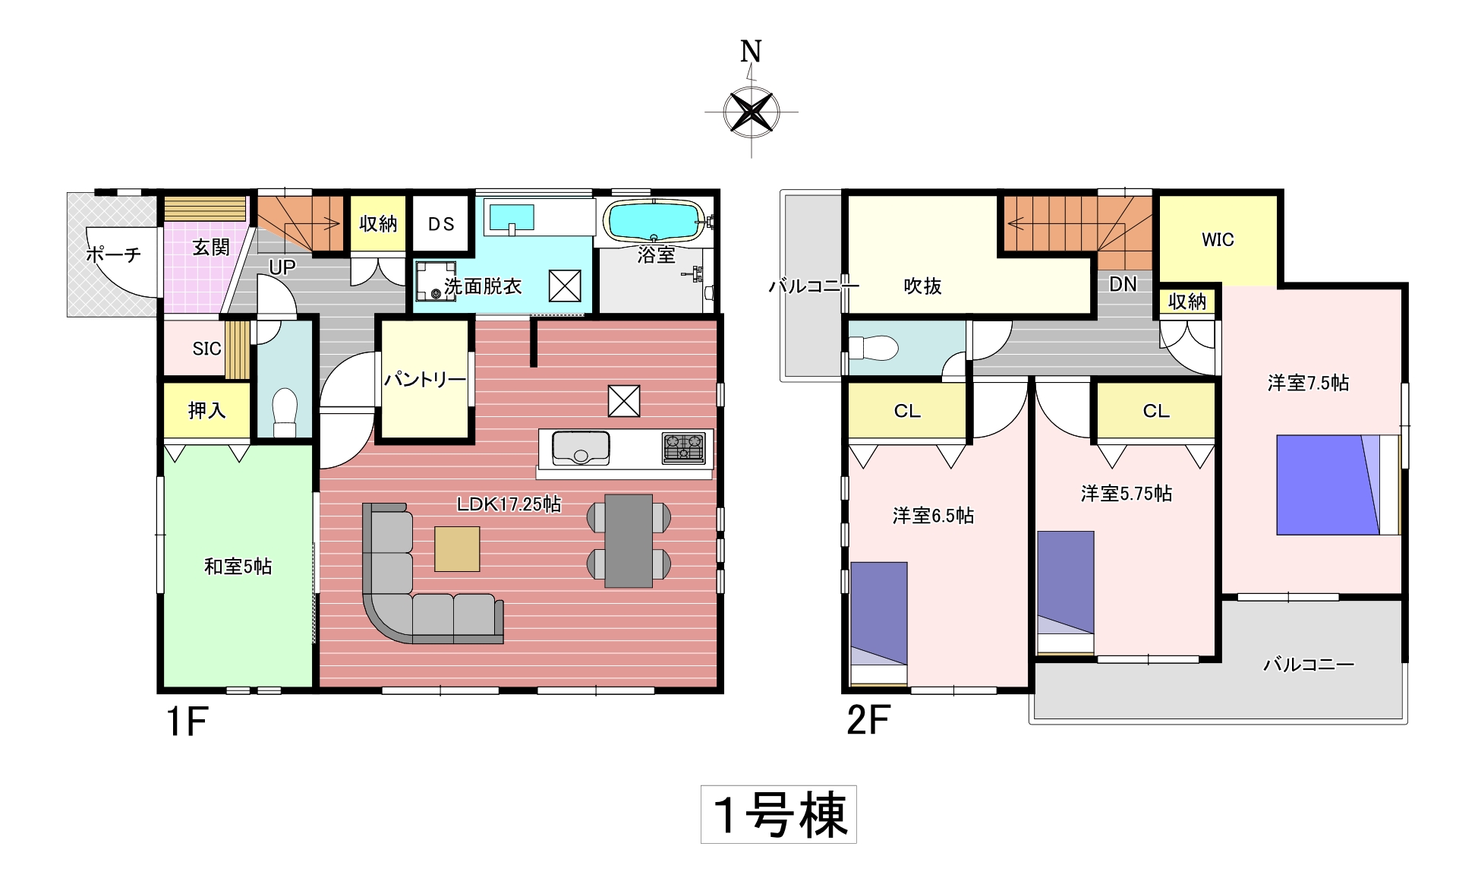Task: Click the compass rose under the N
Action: pos(752,112)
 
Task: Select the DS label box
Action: pos(441,223)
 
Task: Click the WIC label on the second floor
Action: pos(1218,239)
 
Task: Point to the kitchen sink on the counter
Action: pos(581,448)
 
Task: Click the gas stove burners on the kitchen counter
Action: pos(684,448)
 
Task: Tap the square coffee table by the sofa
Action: pos(457,549)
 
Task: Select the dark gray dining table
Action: pos(629,541)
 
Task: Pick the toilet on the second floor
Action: pos(873,349)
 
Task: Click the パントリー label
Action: pos(424,379)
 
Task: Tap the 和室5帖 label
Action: pos(238,566)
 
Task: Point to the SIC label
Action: pos(206,349)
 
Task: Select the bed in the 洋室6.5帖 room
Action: pos(879,624)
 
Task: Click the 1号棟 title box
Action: pos(779,814)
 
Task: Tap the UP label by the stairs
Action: pos(282,267)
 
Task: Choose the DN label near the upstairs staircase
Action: pos(1123,284)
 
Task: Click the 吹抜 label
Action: pos(922,286)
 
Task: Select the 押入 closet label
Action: pos(206,411)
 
